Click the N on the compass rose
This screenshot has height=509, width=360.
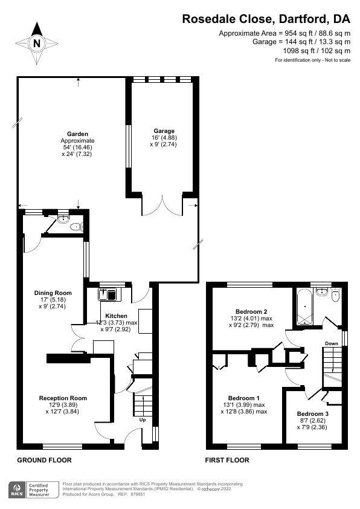[37, 44]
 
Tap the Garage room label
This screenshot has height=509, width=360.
[164, 131]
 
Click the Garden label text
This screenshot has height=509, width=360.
[77, 134]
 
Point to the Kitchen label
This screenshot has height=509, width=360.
[116, 316]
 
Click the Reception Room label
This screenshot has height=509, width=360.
[63, 398]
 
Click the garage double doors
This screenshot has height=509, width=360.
[162, 205]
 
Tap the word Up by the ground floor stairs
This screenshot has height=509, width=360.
[143, 420]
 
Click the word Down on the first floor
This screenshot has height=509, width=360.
[332, 343]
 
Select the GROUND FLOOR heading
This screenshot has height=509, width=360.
[44, 460]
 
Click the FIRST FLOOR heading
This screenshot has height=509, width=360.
[228, 460]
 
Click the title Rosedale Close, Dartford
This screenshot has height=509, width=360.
[266, 19]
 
